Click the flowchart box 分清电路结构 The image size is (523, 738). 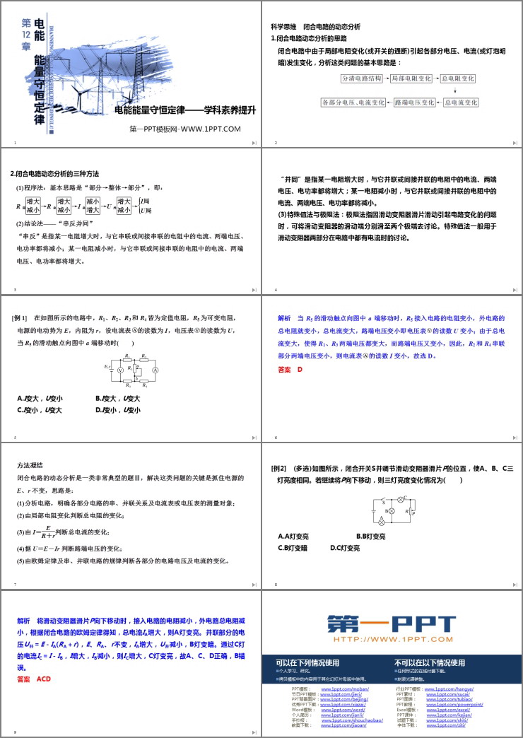pos(362,78)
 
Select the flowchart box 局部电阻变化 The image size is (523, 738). pos(411,78)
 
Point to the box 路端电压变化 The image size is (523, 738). pos(413,102)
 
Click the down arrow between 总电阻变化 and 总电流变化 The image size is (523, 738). pos(455,90)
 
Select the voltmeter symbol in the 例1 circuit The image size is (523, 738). pos(120,370)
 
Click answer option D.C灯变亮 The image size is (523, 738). pos(344,548)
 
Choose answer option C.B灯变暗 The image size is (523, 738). pos(293,548)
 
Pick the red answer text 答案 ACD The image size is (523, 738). pos(35,679)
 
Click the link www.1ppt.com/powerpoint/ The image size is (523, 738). pos(453,705)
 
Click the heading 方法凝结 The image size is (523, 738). pos(30,465)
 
